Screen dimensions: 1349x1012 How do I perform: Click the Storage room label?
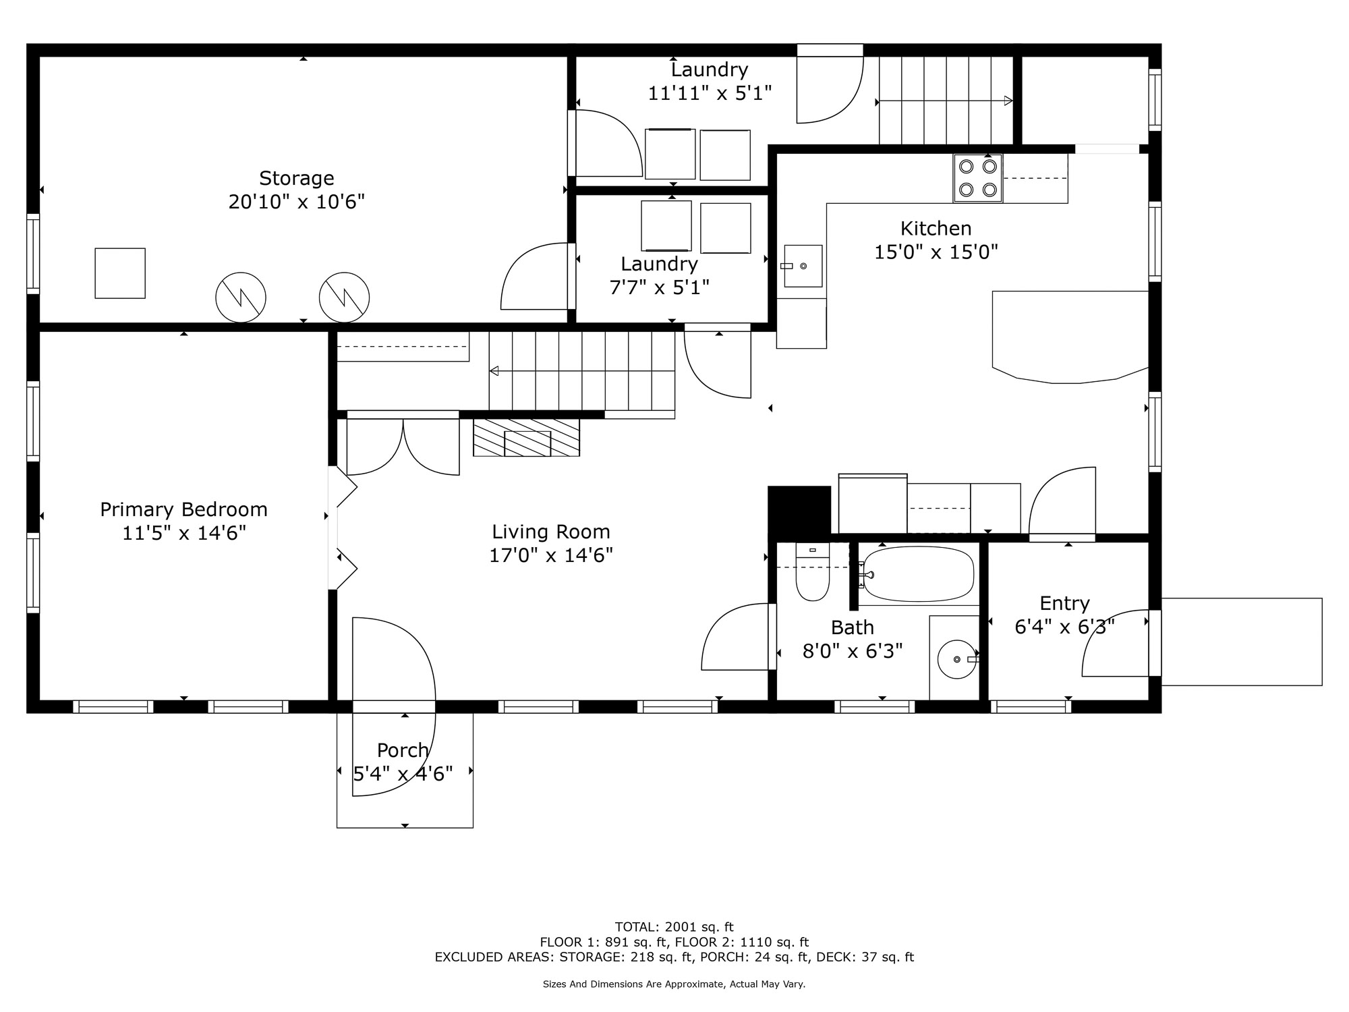(297, 178)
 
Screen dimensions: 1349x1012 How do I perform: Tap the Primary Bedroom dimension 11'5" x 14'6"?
(183, 533)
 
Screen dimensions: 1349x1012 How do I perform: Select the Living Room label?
(550, 532)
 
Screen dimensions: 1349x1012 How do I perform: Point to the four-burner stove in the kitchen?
(977, 178)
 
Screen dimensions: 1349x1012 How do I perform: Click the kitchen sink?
(803, 266)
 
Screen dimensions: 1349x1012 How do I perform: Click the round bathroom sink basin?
(956, 659)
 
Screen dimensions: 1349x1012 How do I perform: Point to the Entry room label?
(1064, 603)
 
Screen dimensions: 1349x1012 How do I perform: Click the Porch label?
(403, 750)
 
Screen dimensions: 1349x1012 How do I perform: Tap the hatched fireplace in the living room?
(526, 437)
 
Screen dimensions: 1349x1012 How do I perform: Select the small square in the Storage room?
(120, 273)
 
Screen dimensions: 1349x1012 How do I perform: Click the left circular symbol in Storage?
(241, 298)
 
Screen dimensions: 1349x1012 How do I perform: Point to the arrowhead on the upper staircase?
(1008, 101)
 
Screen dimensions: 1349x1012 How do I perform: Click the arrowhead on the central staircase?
(494, 370)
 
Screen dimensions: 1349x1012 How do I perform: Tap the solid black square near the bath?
(799, 511)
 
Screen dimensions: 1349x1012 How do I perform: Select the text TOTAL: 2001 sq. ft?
(674, 927)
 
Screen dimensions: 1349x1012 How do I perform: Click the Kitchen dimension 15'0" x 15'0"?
(936, 252)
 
